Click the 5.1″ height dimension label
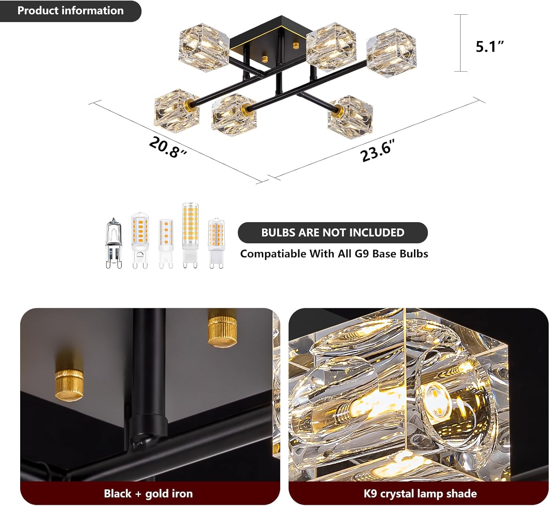pos(489,46)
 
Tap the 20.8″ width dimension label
pos(168,148)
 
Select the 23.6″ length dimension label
pos(378,151)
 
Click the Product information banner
pos(70,11)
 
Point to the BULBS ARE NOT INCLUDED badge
pos(333,232)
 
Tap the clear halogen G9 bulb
pos(114,243)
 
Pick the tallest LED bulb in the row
pos(190,236)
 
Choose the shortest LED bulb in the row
pos(166,244)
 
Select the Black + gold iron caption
pos(148,494)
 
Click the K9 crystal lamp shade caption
pos(420,494)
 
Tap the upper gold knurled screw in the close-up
pos(222,328)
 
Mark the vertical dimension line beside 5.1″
pos(461,43)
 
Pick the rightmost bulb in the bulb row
pos(216,243)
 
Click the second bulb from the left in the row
pos(140,240)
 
